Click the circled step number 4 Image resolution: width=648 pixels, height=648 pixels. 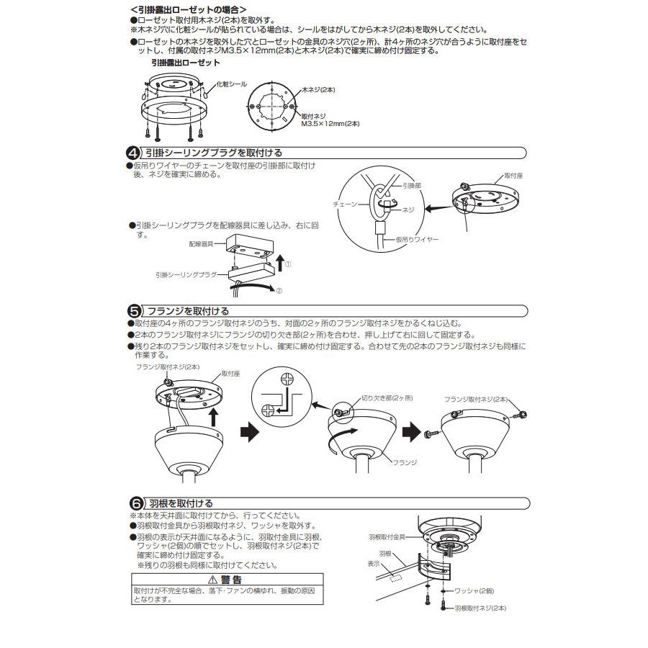point(134,153)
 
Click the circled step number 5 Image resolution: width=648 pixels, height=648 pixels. point(134,311)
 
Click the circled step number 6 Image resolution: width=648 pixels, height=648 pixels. point(134,503)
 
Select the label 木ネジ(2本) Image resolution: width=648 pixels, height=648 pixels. point(318,89)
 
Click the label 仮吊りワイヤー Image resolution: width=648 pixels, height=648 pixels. point(417,238)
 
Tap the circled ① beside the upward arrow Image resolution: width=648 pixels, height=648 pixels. point(288,264)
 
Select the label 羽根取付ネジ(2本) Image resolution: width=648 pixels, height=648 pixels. point(480,608)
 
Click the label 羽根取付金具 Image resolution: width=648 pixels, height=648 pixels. point(387,537)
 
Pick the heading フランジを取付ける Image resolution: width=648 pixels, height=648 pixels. point(188,311)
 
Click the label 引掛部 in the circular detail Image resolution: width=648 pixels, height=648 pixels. point(412,185)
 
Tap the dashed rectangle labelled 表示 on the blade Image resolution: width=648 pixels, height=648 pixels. point(392,577)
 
